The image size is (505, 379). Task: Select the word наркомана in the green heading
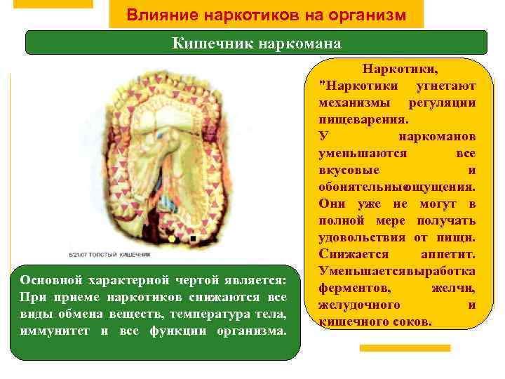(300, 44)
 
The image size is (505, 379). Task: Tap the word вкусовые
(349, 170)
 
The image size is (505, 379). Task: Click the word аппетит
(449, 254)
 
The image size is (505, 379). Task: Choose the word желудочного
(359, 305)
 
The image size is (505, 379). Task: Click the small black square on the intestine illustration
(192, 239)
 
